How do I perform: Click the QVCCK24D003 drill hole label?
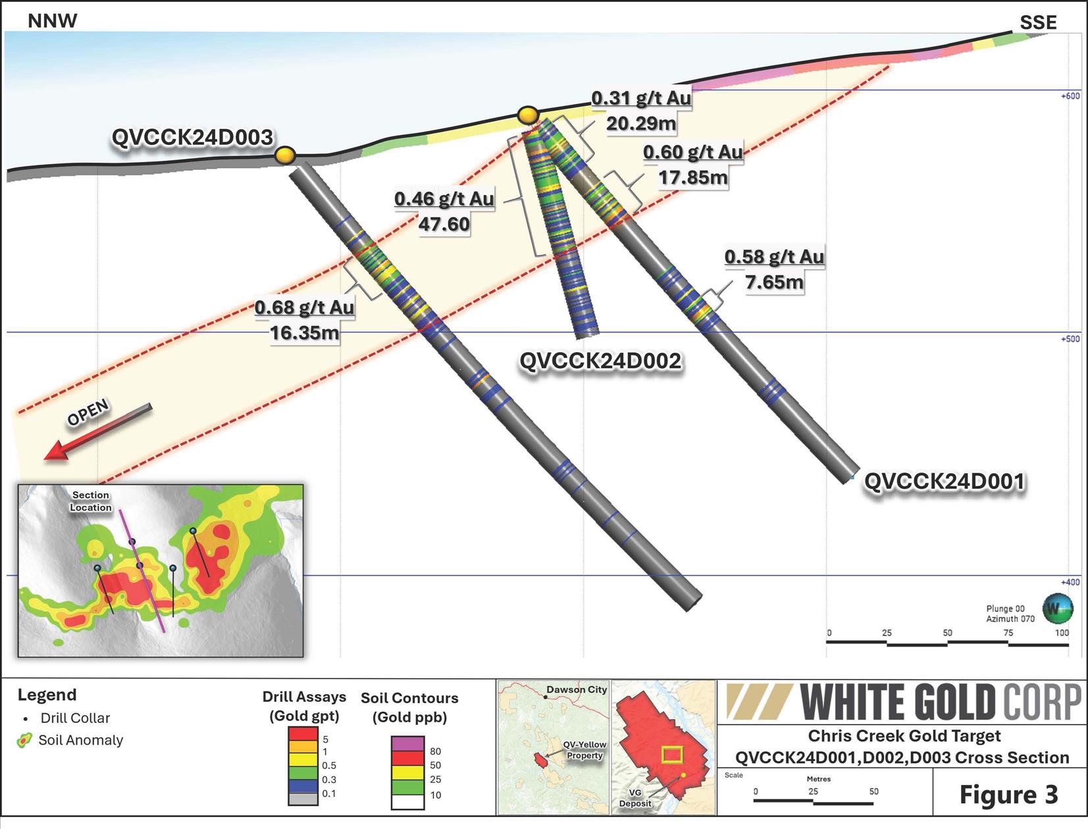pyautogui.click(x=192, y=137)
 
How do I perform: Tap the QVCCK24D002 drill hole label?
pyautogui.click(x=600, y=361)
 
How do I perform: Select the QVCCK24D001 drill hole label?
pyautogui.click(x=945, y=481)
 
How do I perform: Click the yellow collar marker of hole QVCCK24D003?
pyautogui.click(x=285, y=155)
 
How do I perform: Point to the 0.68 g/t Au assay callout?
pyautogui.click(x=304, y=307)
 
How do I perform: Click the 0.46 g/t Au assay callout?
pyautogui.click(x=444, y=199)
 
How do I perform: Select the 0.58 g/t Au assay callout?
pyautogui.click(x=774, y=257)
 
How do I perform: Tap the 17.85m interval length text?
pyautogui.click(x=693, y=178)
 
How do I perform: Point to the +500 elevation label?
pyautogui.click(x=1070, y=339)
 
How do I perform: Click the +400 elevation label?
pyautogui.click(x=1070, y=582)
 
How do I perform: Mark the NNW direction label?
pyautogui.click(x=53, y=20)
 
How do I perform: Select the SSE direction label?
pyautogui.click(x=1038, y=22)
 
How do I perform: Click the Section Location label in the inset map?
pyautogui.click(x=91, y=501)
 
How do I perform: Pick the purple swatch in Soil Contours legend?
pyautogui.click(x=407, y=743)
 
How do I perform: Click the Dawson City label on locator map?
pyautogui.click(x=577, y=689)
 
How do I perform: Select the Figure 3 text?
pyautogui.click(x=1008, y=794)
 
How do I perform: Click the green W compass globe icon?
pyautogui.click(x=1057, y=608)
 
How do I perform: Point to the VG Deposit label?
pyautogui.click(x=635, y=798)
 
